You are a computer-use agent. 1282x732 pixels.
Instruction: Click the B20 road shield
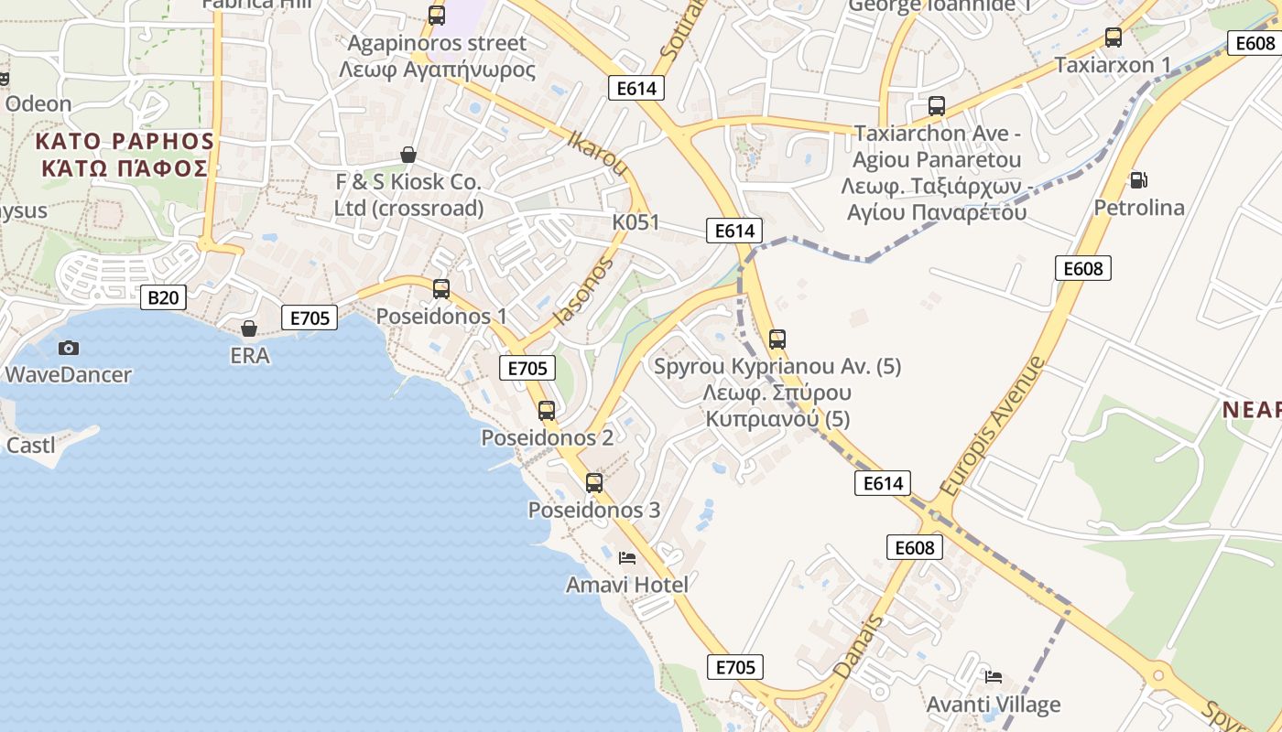[x=163, y=296]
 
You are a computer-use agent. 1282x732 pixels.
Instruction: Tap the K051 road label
[x=636, y=223]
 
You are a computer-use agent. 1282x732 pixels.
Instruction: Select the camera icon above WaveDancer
[x=68, y=348]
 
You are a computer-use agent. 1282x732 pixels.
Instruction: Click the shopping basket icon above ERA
[x=249, y=328]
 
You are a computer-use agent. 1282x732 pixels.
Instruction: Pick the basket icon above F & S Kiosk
[x=408, y=155]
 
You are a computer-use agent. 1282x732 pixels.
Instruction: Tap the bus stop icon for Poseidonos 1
[x=441, y=289]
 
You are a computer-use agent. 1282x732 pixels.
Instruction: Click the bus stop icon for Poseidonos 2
[x=547, y=410]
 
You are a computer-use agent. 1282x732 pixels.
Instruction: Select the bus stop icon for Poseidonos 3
[x=594, y=482]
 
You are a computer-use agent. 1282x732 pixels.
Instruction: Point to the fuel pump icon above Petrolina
[x=1138, y=180]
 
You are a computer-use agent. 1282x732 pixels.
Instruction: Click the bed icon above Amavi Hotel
[x=627, y=557]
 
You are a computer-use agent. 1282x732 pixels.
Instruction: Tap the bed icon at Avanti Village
[x=994, y=677]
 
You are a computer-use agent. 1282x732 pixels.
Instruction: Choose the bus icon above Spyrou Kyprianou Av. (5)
[x=777, y=339]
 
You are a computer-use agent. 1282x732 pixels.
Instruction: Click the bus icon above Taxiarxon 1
[x=1114, y=38]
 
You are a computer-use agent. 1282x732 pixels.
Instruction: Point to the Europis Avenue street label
[x=993, y=425]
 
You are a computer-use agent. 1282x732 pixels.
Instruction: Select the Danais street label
[x=859, y=647]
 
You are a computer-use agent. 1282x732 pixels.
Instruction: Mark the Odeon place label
[x=38, y=103]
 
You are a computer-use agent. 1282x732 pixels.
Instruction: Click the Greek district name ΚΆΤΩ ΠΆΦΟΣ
[x=125, y=168]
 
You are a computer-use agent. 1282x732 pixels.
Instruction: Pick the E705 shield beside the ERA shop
[x=309, y=318]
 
